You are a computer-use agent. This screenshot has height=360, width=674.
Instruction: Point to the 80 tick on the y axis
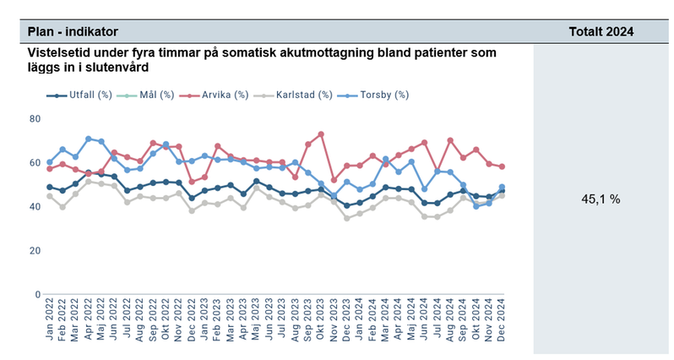[x=35, y=118]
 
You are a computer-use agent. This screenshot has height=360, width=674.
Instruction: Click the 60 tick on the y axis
[x=35, y=162]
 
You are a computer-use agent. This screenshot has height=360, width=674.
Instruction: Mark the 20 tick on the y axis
[x=35, y=250]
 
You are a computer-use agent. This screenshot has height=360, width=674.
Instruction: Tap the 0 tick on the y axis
[x=38, y=294]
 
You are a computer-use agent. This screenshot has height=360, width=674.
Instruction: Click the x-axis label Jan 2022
[x=50, y=325]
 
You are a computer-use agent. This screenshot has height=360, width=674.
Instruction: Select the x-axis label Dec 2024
[x=502, y=325]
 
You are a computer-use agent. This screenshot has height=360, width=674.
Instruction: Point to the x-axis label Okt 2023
[x=321, y=325]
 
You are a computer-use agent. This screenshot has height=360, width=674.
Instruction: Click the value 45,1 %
[x=601, y=199]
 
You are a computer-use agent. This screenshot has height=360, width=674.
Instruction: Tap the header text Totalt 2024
[x=601, y=31]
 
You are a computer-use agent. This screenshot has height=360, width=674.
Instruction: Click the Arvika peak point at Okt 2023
[x=321, y=134]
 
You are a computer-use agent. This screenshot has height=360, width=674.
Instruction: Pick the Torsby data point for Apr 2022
[x=88, y=139]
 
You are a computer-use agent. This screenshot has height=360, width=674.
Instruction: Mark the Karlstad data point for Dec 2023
[x=346, y=218]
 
